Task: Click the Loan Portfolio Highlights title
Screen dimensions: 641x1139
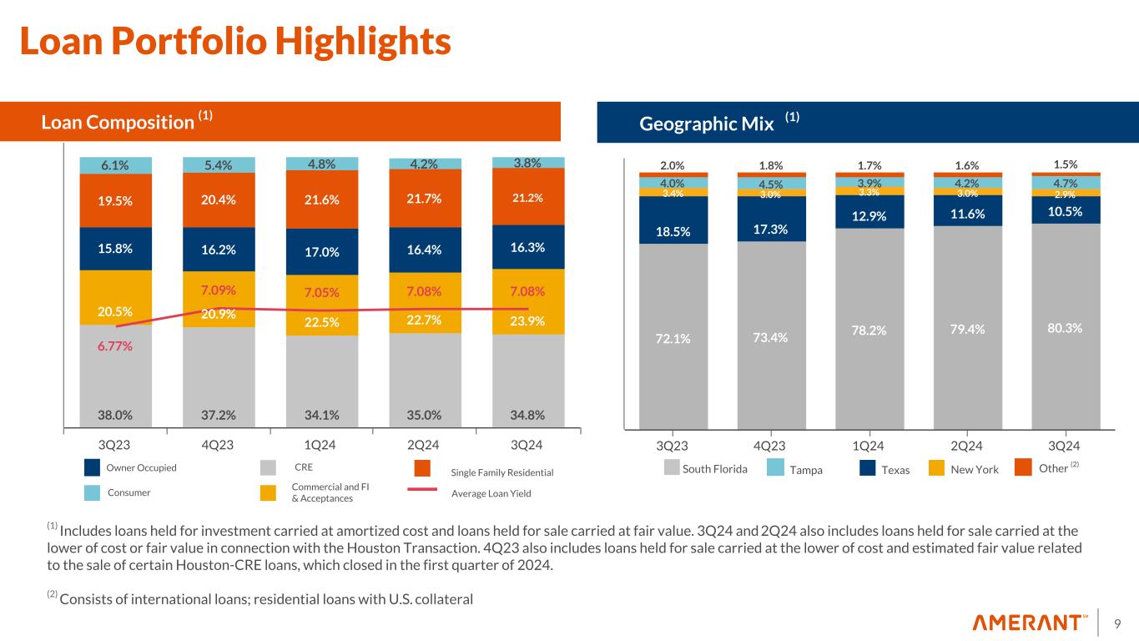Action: (x=234, y=42)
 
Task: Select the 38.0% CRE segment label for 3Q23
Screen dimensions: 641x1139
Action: (x=115, y=415)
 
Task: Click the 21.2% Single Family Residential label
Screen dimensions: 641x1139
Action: (x=527, y=199)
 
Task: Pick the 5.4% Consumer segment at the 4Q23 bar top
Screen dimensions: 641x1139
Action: (x=219, y=165)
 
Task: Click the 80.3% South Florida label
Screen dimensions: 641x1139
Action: (x=1065, y=328)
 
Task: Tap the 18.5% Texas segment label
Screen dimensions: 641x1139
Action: (x=673, y=231)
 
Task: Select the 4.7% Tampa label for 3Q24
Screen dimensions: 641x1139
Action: (x=1065, y=182)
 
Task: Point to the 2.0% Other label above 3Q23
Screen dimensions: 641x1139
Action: (x=673, y=165)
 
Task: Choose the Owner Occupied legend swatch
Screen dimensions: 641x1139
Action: (x=93, y=468)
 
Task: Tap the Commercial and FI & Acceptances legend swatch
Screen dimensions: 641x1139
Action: (x=268, y=493)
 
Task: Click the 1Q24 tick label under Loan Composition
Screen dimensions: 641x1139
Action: (x=322, y=445)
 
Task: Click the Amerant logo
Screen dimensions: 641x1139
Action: (x=1030, y=623)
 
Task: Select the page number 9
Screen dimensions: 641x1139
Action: (x=1116, y=623)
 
